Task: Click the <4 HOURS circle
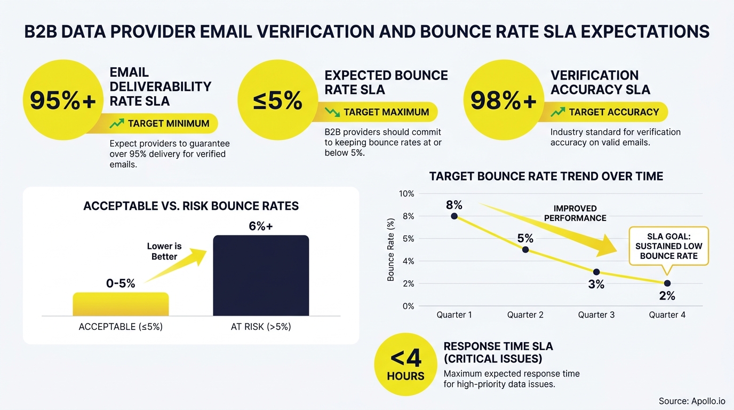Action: point(406,365)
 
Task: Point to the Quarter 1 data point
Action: point(454,216)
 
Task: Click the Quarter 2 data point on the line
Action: point(525,249)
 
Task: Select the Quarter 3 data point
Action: point(596,272)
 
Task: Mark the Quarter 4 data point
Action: point(667,283)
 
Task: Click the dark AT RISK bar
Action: point(261,275)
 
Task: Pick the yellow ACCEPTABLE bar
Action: point(121,304)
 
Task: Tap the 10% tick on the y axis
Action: point(406,193)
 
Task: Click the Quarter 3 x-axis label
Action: point(596,315)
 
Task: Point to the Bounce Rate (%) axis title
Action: point(391,249)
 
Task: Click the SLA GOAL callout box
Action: point(668,246)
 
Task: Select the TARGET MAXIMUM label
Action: point(386,112)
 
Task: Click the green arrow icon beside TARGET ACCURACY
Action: point(558,112)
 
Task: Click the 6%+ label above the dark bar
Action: point(261,226)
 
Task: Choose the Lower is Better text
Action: point(164,251)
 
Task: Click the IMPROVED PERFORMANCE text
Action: point(575,213)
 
